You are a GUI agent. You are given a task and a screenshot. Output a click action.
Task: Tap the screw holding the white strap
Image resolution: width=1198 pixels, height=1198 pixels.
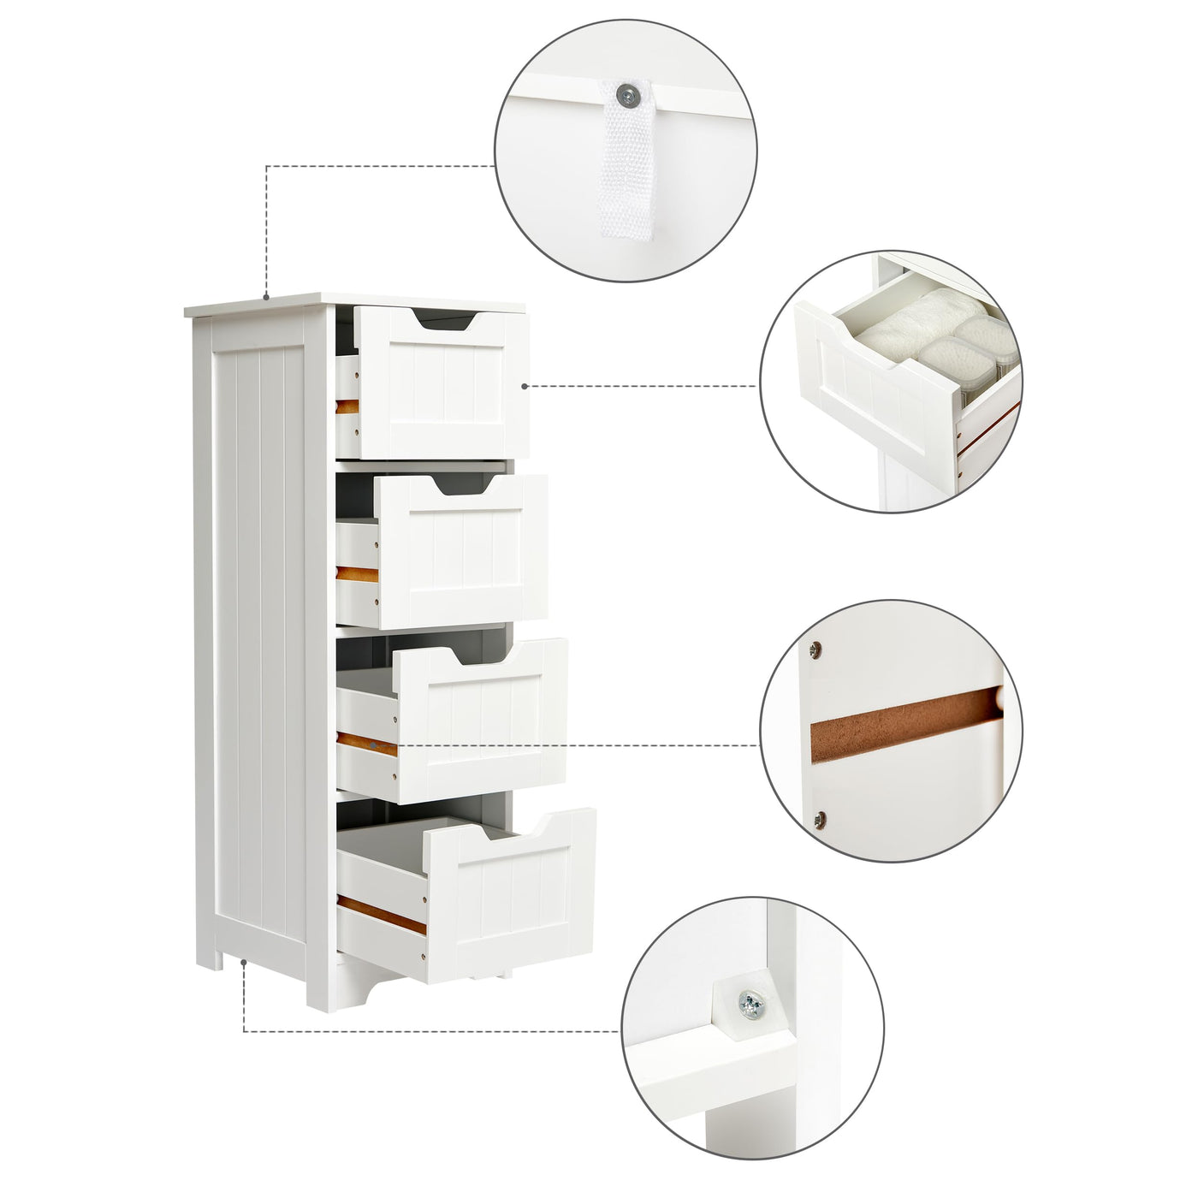629,93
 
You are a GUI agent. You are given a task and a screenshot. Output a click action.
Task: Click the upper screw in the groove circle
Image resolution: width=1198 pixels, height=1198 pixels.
815,648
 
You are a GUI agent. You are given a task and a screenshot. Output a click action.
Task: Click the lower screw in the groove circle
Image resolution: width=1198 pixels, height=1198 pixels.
821,819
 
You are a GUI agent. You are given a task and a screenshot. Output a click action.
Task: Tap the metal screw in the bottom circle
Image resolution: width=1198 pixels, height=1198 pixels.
751,1003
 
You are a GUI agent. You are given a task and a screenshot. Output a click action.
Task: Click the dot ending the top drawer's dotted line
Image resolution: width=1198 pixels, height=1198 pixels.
525,386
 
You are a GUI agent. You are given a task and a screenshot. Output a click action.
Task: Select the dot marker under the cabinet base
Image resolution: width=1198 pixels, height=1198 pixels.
245,963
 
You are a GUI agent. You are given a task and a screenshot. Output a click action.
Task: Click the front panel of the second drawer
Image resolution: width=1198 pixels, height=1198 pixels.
462,556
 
